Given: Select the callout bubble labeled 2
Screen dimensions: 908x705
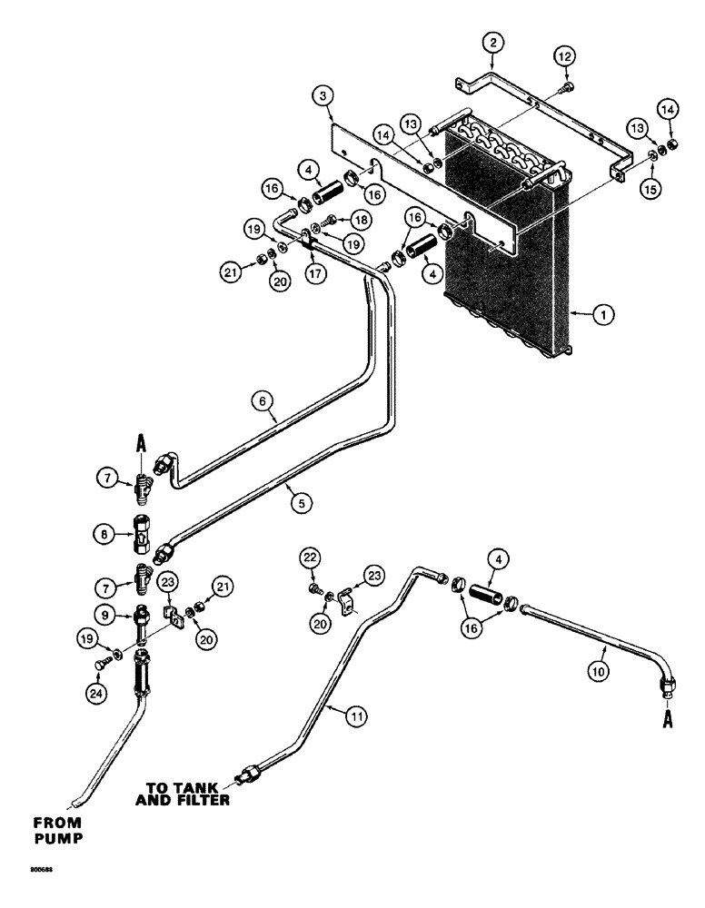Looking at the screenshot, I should (492, 42).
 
